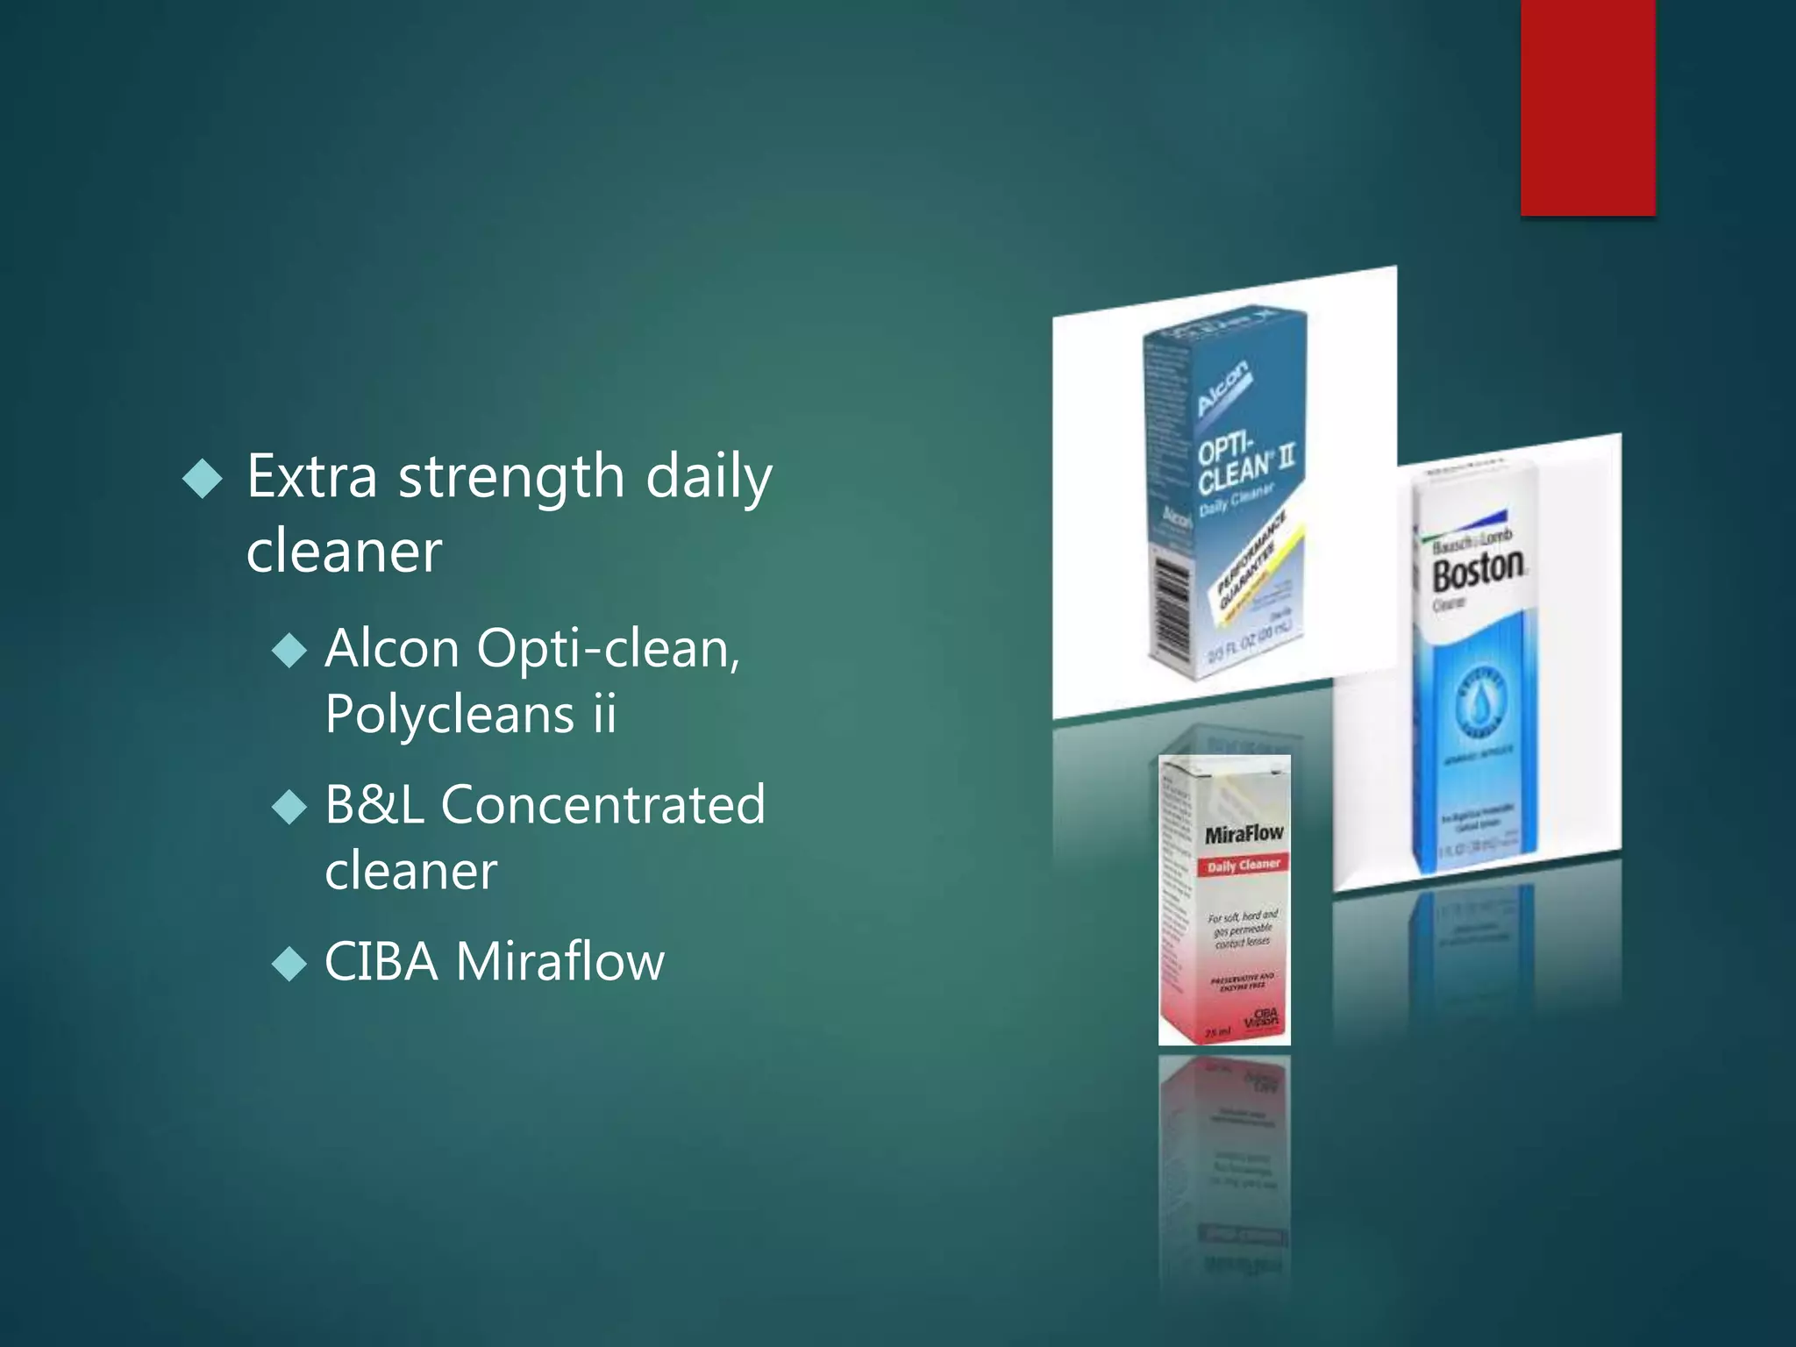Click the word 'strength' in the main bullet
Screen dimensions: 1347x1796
[x=511, y=478]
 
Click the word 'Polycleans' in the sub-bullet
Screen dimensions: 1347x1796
[x=449, y=714]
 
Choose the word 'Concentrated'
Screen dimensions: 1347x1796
[x=602, y=805]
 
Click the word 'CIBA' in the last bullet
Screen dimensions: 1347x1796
[x=381, y=962]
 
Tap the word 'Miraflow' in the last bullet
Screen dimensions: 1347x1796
[x=560, y=962]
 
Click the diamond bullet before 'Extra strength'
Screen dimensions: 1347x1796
[x=203, y=479]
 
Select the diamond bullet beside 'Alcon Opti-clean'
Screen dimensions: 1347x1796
[x=289, y=652]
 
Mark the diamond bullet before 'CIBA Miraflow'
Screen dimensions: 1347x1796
[x=289, y=965]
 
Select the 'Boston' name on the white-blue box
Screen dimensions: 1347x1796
[x=1479, y=572]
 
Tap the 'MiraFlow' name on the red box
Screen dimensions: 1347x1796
[x=1243, y=834]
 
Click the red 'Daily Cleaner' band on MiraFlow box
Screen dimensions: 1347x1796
[x=1243, y=866]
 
